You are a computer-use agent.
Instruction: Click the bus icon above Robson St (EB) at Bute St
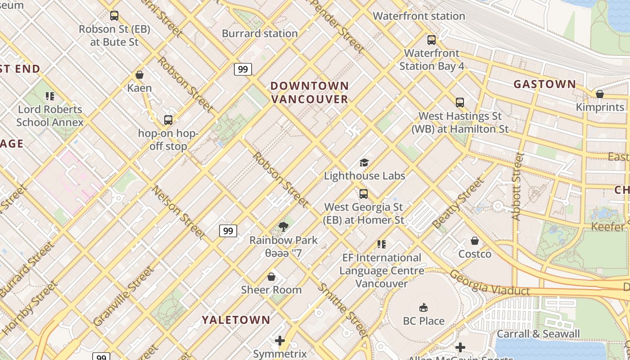[x=114, y=16]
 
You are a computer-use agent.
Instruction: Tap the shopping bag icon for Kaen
[x=139, y=75]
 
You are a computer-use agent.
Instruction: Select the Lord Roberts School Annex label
[x=50, y=116]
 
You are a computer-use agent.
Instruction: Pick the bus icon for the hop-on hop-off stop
[x=168, y=120]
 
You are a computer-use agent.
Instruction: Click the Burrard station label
[x=260, y=33]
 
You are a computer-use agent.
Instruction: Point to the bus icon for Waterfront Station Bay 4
[x=432, y=40]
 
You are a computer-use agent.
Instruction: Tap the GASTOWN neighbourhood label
[x=544, y=84]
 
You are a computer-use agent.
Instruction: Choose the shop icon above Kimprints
[x=599, y=94]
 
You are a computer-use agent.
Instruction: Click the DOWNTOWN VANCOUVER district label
[x=310, y=92]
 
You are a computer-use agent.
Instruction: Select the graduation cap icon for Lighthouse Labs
[x=364, y=162]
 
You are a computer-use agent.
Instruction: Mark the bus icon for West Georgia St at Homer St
[x=364, y=194]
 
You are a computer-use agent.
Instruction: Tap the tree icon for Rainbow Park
[x=283, y=227]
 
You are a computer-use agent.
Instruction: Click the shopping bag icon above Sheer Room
[x=271, y=276]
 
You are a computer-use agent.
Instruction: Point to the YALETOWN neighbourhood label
[x=236, y=320]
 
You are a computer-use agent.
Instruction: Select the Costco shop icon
[x=475, y=241]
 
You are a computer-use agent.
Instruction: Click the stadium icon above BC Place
[x=423, y=308]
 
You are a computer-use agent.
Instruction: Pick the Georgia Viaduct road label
[x=490, y=283]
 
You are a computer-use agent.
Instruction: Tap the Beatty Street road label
[x=458, y=203]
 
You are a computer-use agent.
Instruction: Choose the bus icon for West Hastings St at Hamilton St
[x=459, y=103]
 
